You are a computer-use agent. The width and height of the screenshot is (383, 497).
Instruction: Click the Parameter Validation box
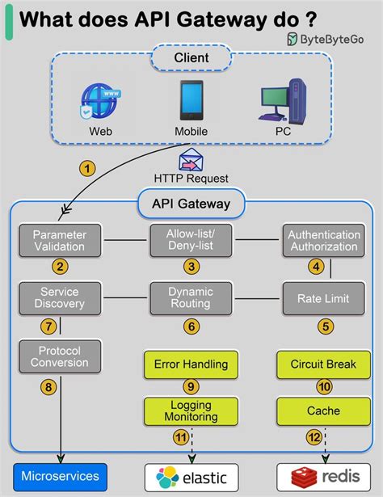coord(59,240)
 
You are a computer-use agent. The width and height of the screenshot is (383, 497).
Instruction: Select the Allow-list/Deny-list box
coord(191,240)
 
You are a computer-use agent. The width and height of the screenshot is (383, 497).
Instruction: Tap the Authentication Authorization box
coord(322,240)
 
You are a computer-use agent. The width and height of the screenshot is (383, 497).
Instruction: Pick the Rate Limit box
coord(322,297)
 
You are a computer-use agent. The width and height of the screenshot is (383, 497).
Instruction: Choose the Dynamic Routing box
coord(191,297)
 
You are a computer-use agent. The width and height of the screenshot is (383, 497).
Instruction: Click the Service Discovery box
coord(59,297)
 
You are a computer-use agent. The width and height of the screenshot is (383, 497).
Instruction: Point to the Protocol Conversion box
coord(59,356)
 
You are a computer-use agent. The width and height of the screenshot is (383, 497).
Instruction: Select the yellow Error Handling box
coord(191,364)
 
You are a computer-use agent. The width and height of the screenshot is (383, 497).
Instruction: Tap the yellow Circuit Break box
coord(322,364)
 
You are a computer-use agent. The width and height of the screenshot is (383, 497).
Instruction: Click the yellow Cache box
coord(322,411)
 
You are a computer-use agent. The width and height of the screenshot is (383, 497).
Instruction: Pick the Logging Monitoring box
coord(191,411)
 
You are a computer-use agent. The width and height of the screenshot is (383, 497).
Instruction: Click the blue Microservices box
coord(61,476)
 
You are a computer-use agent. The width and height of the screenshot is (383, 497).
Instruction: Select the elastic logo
coord(191,476)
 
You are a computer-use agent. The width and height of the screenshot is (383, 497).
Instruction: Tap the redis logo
coord(322,476)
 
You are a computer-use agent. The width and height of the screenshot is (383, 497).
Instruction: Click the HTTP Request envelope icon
coord(191,158)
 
